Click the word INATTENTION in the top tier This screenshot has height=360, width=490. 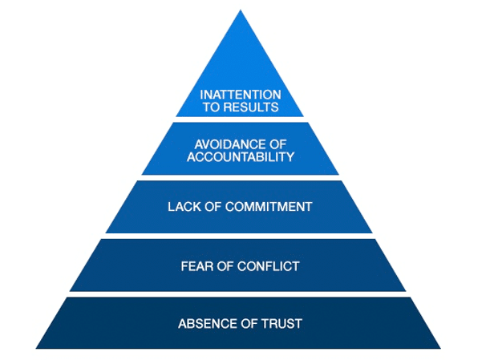coord(241,95)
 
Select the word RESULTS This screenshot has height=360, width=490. coord(251,107)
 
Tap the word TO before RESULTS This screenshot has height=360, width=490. coord(211,107)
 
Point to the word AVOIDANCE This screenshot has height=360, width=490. coord(227,144)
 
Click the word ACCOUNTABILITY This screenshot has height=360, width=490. coord(241,157)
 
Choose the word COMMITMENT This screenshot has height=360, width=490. coord(269,207)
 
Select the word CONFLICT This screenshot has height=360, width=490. coord(269,266)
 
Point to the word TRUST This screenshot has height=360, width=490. coord(281,324)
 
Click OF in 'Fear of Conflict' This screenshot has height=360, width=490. coord(225,266)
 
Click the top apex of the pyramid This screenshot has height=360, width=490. coord(241,10)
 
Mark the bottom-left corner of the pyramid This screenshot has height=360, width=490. coord(36,349)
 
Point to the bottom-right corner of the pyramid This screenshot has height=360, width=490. coord(440,349)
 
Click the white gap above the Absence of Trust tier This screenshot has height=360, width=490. coord(238,294)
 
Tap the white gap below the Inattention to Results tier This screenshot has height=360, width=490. coord(241,119)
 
